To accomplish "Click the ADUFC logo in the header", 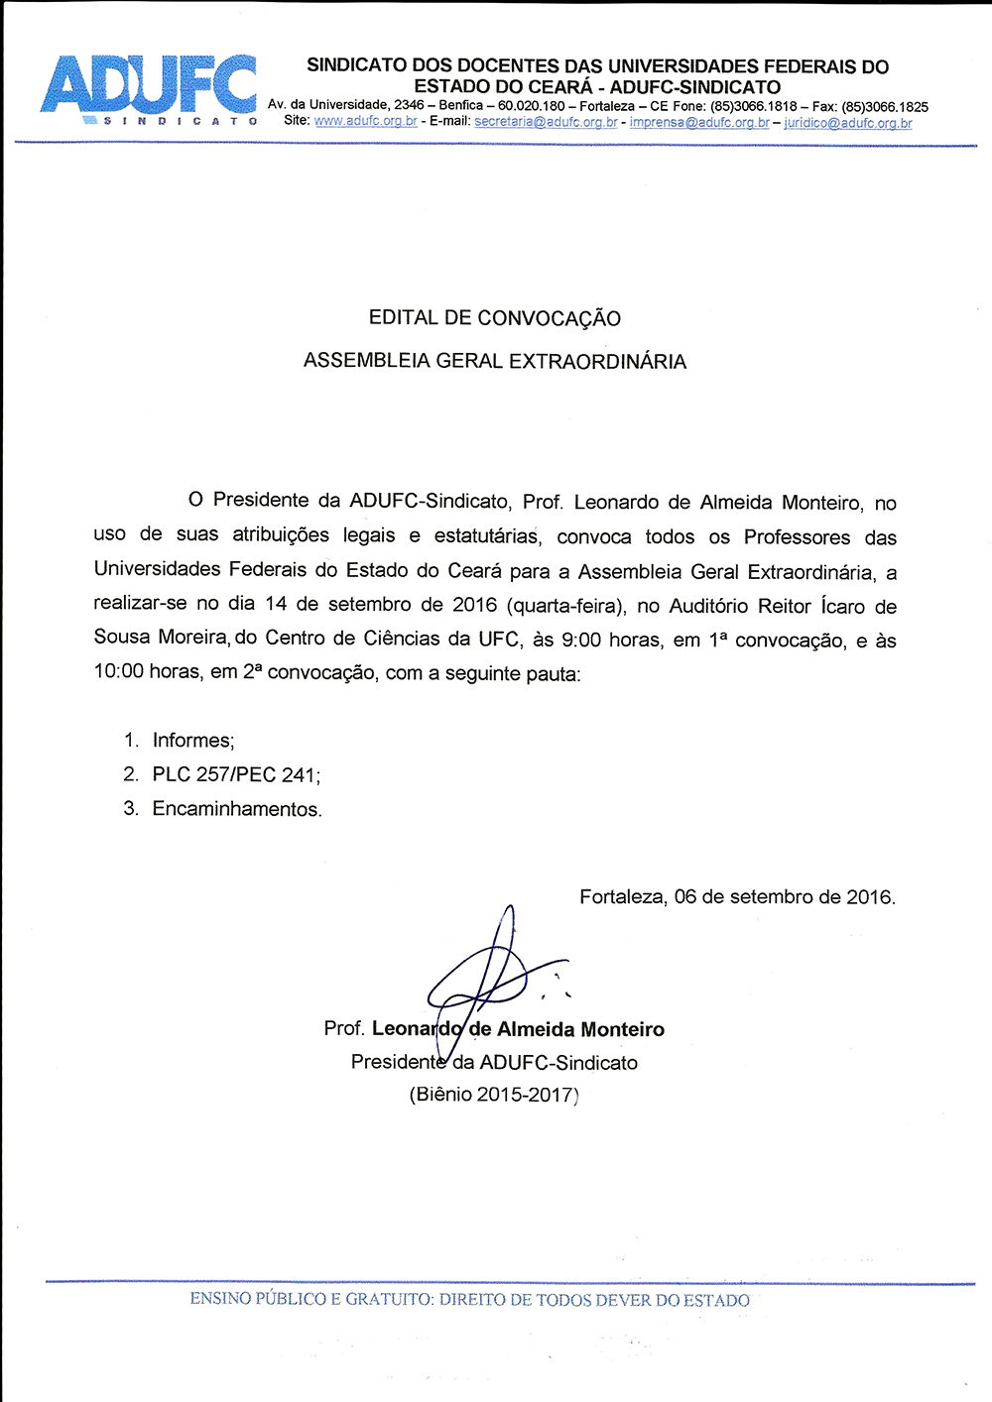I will click(149, 87).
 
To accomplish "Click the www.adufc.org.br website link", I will click(365, 122).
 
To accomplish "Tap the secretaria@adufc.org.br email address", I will click(546, 122).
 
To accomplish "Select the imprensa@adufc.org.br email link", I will click(699, 123).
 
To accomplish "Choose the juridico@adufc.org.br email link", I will click(848, 123).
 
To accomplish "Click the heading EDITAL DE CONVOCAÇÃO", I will click(494, 318).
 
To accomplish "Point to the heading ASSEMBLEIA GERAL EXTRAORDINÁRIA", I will click(494, 361).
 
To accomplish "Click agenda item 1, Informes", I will click(192, 741).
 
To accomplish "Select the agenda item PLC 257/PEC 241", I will click(235, 774).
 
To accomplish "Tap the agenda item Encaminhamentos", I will click(236, 809).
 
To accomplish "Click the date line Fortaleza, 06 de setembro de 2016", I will click(737, 897).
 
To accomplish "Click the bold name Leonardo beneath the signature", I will click(417, 1029).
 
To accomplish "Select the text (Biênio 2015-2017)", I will click(494, 1095).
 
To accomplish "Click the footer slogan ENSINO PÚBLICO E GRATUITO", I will click(469, 1299).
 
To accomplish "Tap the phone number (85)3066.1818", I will click(753, 106).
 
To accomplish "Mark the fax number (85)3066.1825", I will click(885, 107).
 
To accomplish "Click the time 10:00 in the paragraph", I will click(118, 672).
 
